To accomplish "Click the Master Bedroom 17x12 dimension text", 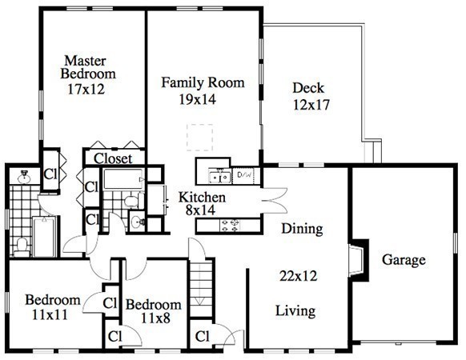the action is coord(86,89).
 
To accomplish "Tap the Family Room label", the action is coord(203,82).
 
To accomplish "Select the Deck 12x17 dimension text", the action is coord(311,105).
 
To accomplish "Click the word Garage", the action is coord(404,260).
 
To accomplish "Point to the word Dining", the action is coord(302,229).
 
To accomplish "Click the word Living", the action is coord(295,311).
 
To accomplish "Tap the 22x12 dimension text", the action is coord(299,276).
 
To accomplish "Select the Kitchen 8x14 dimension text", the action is coord(200,210).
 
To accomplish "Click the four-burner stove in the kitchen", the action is coord(230,226).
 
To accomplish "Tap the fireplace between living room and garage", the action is coord(359,261).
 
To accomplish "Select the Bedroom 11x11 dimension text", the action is coord(50,315).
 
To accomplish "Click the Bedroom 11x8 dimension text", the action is coord(155,318).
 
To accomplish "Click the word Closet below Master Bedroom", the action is coord(113,158).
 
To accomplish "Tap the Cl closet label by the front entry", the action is coord(203,337).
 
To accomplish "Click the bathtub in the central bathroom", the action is coord(123,179).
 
